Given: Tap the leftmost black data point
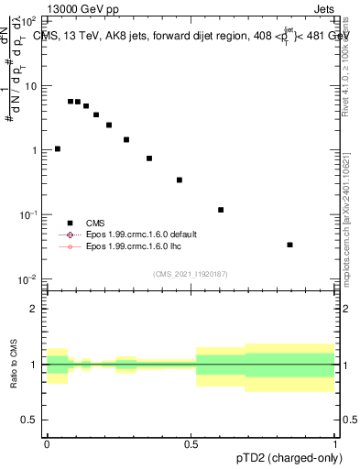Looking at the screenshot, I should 58,148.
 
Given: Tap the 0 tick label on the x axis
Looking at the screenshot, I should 47,442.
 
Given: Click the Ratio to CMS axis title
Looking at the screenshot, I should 14,365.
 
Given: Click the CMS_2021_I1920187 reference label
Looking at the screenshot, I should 191,274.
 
